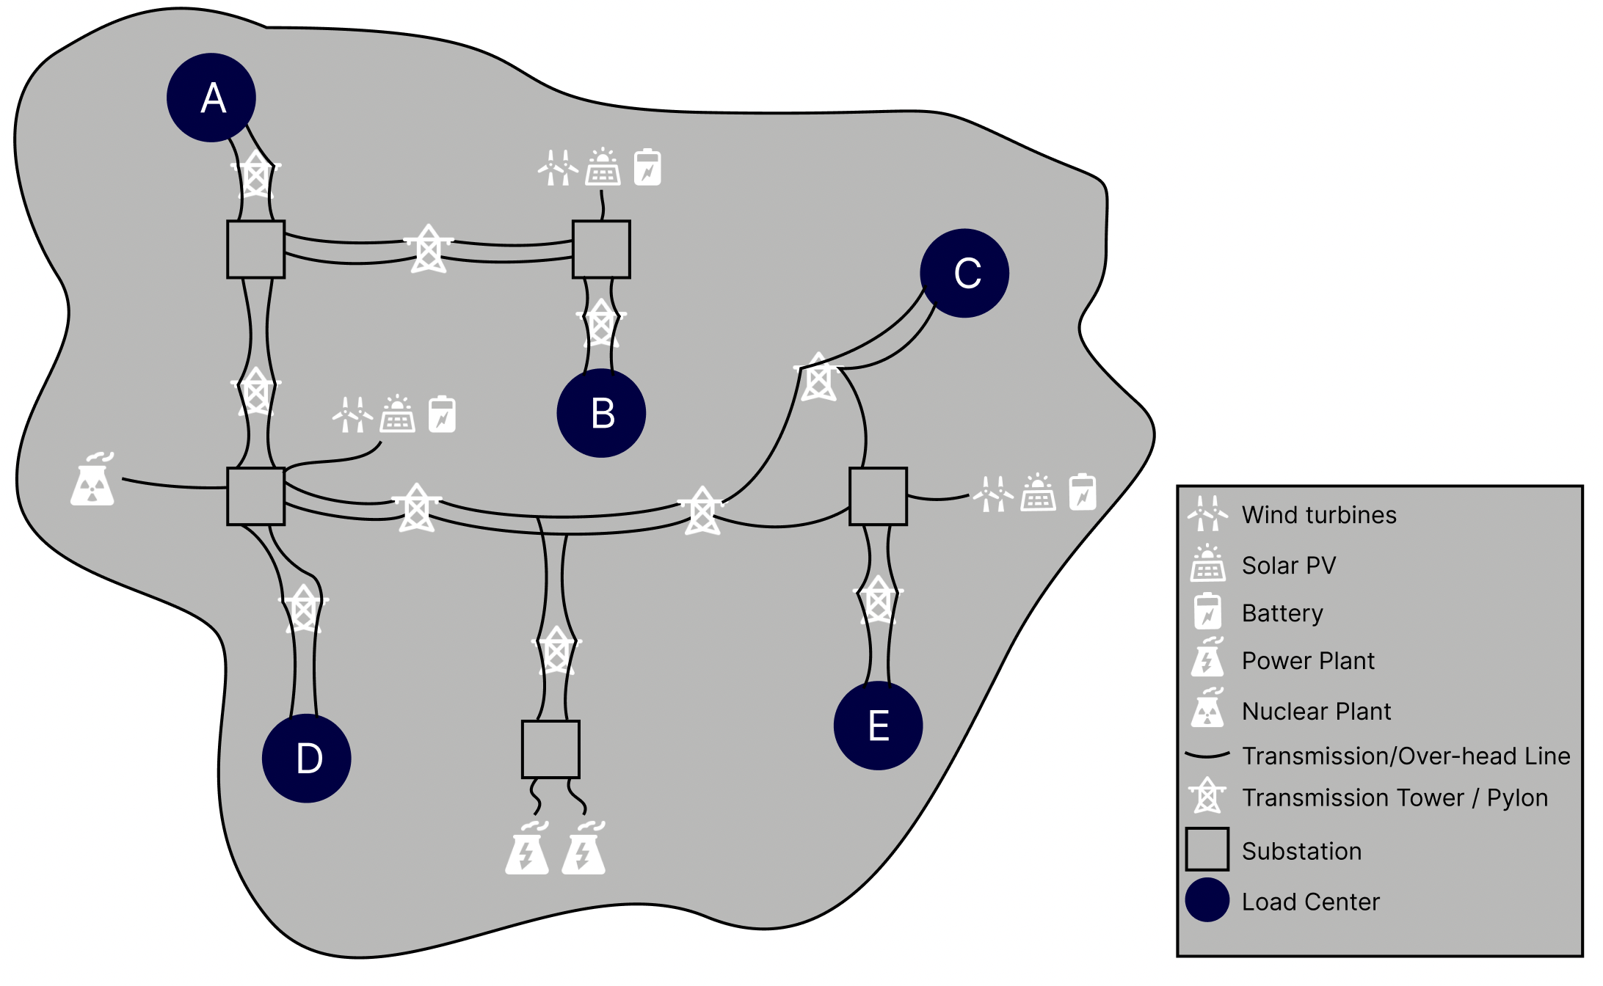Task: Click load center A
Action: coord(211,98)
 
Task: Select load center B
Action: coord(601,413)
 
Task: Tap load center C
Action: coord(964,273)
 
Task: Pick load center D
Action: coord(307,758)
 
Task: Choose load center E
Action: coord(878,726)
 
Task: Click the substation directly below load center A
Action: coord(255,249)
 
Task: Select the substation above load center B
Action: coord(601,249)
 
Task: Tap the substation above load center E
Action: coord(878,497)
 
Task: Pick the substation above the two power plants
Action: coord(550,749)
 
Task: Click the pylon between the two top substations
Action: coord(429,249)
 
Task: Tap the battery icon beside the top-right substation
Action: coord(647,167)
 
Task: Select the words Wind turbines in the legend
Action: coord(1319,515)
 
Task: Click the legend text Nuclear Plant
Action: coord(1316,712)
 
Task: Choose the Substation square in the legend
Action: coord(1207,850)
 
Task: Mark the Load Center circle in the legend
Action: coord(1207,900)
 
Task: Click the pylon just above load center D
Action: coord(303,608)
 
